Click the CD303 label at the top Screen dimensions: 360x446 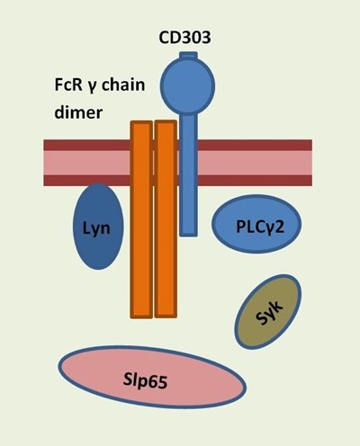pyautogui.click(x=184, y=38)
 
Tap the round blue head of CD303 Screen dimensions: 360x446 pyautogui.click(x=187, y=86)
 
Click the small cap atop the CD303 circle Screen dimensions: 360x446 pyautogui.click(x=188, y=56)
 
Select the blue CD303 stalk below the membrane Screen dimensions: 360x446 pyautogui.click(x=189, y=210)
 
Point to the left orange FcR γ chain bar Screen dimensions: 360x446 pyautogui.click(x=141, y=219)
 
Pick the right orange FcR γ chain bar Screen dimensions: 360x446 pyautogui.click(x=166, y=219)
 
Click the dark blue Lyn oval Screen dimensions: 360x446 pyautogui.click(x=98, y=227)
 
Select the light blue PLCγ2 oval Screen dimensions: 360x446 pyautogui.click(x=256, y=224)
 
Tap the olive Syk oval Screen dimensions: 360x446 pyautogui.click(x=268, y=312)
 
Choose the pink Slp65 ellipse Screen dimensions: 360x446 pyautogui.click(x=152, y=378)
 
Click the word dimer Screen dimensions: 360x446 pyautogui.click(x=78, y=112)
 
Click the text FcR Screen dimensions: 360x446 pyautogui.click(x=66, y=85)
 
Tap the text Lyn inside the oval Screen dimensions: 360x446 pyautogui.click(x=96, y=228)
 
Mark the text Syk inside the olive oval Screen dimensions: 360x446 pyautogui.click(x=269, y=313)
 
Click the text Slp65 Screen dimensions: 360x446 pyautogui.click(x=145, y=381)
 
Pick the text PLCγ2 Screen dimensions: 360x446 pyautogui.click(x=260, y=227)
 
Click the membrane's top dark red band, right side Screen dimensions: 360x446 pyautogui.click(x=255, y=145)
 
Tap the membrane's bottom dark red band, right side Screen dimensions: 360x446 pyautogui.click(x=255, y=181)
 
